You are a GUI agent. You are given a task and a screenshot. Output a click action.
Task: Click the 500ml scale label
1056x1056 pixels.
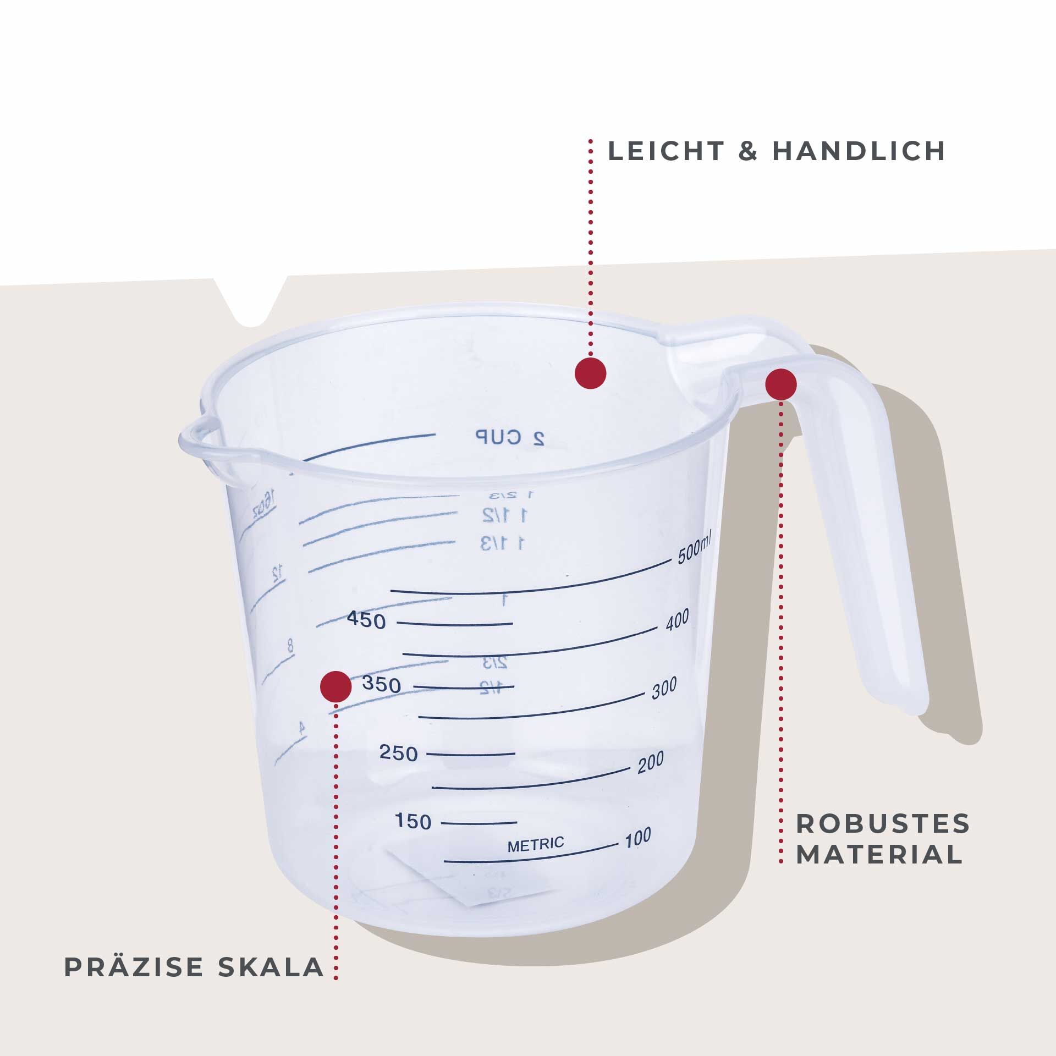pos(695,549)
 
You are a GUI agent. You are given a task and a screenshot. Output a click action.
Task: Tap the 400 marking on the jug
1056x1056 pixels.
pos(677,620)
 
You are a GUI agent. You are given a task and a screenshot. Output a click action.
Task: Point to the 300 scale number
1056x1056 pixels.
pos(664,689)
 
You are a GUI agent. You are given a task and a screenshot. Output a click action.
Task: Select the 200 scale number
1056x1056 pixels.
pos(651,762)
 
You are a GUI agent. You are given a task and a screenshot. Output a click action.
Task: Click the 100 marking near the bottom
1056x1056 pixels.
pos(637,838)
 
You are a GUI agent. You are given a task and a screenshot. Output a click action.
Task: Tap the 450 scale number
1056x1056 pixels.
pos(366,621)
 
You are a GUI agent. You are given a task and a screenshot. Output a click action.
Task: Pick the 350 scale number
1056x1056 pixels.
pos(381,685)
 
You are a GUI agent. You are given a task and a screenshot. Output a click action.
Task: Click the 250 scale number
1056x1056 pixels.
pos(398,753)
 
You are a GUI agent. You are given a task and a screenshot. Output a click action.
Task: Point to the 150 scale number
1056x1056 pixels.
pos(413,822)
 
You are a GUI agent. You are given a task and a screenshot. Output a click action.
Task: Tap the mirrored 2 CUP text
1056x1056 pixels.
pos(510,438)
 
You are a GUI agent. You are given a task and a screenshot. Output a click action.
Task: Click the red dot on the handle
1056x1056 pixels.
pos(780,384)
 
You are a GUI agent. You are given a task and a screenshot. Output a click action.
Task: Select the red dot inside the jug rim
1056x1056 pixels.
pos(590,373)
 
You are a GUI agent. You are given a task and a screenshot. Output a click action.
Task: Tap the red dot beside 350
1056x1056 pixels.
pos(335,686)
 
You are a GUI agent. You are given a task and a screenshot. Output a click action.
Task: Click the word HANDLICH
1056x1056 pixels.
pos(859,151)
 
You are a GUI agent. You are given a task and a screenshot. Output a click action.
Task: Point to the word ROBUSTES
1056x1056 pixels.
pos(883,824)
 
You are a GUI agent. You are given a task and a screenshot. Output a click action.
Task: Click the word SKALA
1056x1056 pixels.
pos(271,967)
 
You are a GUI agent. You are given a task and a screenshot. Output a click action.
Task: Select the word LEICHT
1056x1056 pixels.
pos(666,151)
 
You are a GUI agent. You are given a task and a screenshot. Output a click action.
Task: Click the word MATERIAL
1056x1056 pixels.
pos(879,855)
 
